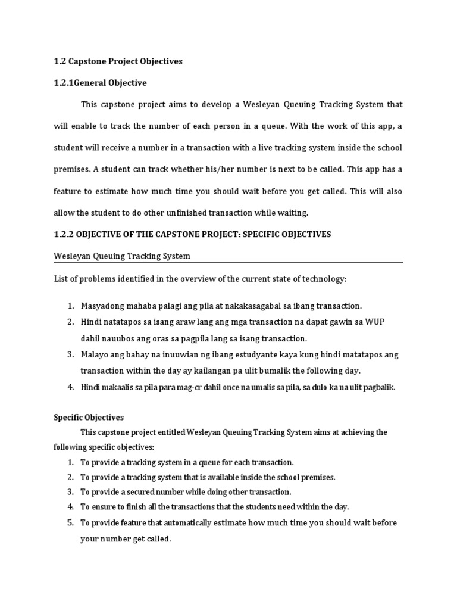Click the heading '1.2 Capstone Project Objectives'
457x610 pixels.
[118, 61]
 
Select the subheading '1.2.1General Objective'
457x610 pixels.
[100, 82]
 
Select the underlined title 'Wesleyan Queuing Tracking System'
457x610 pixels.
[122, 256]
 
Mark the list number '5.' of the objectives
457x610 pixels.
[70, 522]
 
